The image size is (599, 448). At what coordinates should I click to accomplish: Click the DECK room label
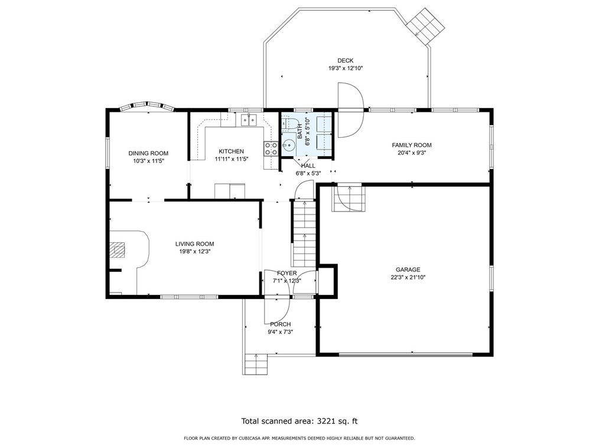point(346,60)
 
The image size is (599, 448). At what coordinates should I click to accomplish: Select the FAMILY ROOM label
point(412,145)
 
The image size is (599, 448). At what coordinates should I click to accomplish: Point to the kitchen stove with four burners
point(271,149)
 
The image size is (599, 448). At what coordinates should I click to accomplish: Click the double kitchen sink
point(249,120)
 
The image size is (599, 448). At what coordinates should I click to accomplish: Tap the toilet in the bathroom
point(289,124)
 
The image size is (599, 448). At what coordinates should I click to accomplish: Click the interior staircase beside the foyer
point(305,233)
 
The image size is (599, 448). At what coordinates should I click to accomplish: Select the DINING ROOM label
point(148,153)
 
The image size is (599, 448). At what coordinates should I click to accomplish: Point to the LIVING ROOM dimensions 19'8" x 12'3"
point(194,251)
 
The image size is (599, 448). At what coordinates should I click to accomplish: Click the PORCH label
point(280,324)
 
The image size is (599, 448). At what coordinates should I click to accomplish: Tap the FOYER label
point(287,273)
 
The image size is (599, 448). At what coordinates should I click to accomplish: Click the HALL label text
point(308,165)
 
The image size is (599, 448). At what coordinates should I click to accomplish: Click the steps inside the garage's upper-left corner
point(349,198)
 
